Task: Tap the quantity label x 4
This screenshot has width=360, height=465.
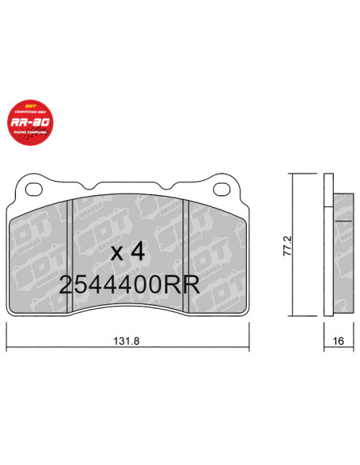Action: coord(127,252)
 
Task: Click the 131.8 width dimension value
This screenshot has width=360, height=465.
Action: coord(129,341)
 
